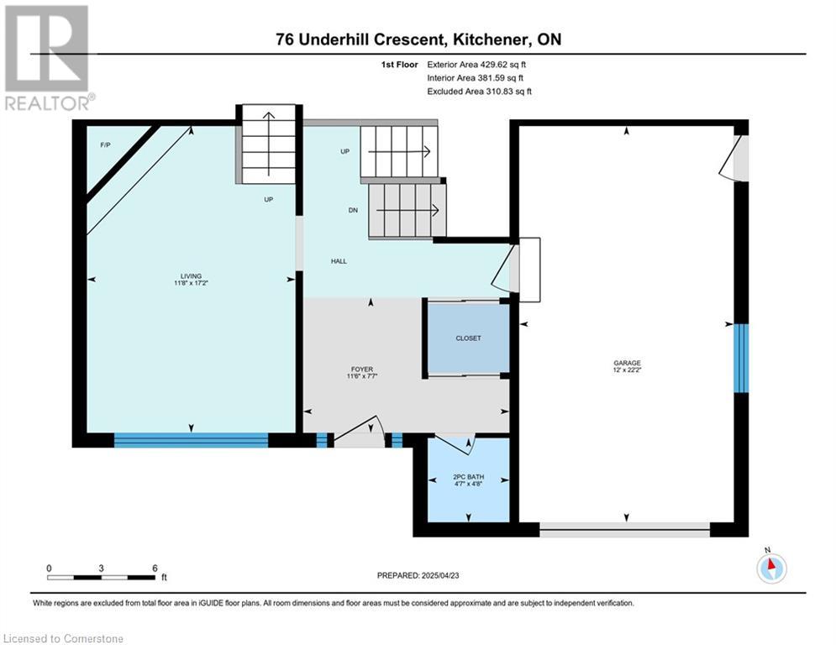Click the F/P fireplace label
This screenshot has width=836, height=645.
point(106,145)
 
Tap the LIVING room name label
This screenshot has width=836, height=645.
point(191,276)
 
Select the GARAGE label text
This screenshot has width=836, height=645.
point(627,363)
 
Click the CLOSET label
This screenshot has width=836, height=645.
point(468,338)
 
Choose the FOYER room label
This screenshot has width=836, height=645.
point(362,369)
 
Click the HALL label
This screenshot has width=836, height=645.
point(339,261)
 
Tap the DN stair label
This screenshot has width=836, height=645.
point(353,210)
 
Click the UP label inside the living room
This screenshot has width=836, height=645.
point(269,199)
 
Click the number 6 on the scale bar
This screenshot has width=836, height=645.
point(155,569)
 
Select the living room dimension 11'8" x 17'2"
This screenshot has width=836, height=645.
point(191,283)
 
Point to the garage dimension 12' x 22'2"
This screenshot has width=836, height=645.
point(627,370)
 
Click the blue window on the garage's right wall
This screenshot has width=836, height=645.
point(741,359)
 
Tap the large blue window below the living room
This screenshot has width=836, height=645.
point(191,440)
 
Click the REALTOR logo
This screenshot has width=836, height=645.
point(49,58)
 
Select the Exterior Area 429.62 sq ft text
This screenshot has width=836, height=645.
point(476,65)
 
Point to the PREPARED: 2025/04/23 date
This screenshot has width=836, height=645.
point(418,575)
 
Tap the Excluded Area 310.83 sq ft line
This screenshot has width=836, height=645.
point(479,92)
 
